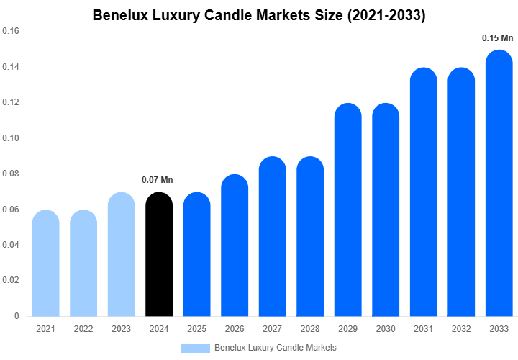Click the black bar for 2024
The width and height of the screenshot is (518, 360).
coord(159,256)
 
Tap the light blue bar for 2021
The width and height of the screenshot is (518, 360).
coord(45,264)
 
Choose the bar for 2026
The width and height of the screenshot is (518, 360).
coord(235,246)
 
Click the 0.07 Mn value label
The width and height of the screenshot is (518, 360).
coord(158,180)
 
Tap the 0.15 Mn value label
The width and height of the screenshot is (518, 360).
coord(498,37)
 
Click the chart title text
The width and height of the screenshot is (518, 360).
coord(259,16)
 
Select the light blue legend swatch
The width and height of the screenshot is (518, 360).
coord(195,348)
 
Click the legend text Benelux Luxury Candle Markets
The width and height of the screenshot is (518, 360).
coord(276,348)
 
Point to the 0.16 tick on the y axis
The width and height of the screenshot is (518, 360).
coord(11,32)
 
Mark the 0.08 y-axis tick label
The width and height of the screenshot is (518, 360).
coord(11,174)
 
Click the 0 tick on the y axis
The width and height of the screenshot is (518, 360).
coord(17,315)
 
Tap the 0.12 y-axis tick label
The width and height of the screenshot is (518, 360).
coord(11,103)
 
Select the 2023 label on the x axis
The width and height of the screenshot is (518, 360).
coord(121,329)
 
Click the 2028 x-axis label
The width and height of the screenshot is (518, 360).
coord(310,329)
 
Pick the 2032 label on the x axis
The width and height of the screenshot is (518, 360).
coord(461,329)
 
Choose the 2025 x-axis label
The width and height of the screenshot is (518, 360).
coord(196,329)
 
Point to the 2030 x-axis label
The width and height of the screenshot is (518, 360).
coord(386,329)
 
